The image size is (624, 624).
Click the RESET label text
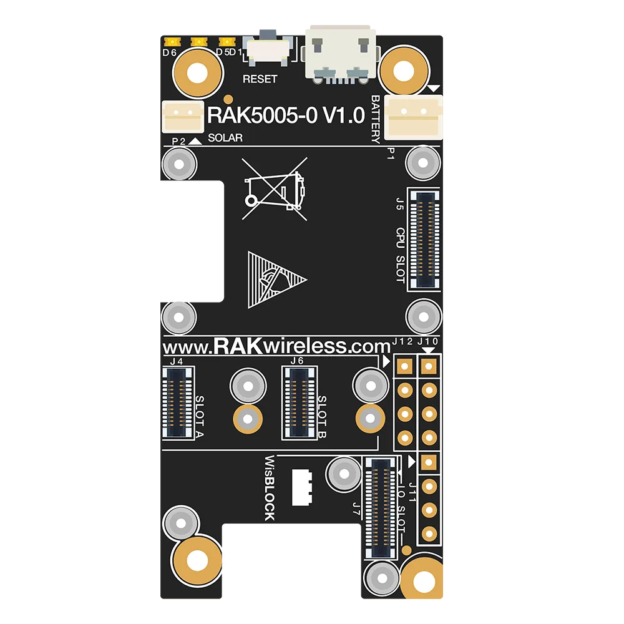[260, 79]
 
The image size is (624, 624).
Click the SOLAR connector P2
[183, 117]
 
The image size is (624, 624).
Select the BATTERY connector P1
[414, 117]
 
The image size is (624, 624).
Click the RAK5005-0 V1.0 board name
[286, 115]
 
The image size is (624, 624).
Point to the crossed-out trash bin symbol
[275, 188]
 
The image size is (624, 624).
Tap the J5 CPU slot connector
[425, 239]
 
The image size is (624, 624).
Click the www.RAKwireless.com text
[277, 346]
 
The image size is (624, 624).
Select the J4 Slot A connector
[178, 402]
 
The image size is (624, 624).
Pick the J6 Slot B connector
[300, 402]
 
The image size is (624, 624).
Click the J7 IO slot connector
[381, 508]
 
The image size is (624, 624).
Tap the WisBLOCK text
[270, 488]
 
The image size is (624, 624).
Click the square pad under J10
[429, 366]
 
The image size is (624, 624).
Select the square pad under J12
[405, 366]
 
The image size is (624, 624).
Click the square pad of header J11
[429, 462]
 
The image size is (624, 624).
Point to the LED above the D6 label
[172, 41]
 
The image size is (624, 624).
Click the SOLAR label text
[225, 138]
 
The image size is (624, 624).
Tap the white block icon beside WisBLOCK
[302, 487]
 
